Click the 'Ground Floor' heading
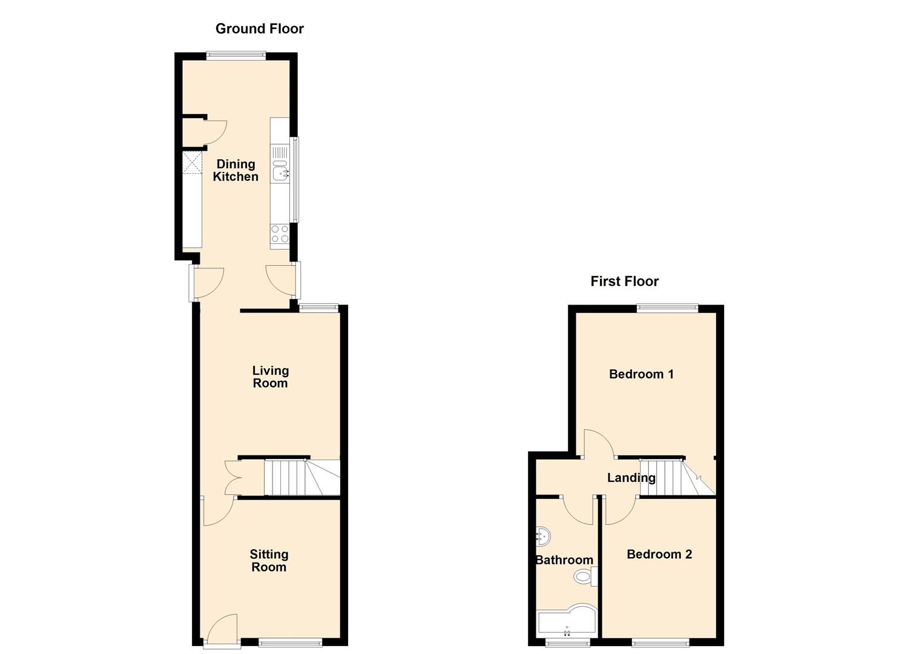pos(259,28)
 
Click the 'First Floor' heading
pos(624,281)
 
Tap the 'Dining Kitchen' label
pos(235,170)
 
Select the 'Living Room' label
pos(270,377)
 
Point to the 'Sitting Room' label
pos(269,560)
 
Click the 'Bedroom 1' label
pos(641,374)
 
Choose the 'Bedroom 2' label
pos(659,554)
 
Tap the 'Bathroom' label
pos(564,560)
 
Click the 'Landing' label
pos(631,478)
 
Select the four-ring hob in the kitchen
pos(280,234)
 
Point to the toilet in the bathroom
pos(584,576)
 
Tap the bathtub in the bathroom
pos(566,621)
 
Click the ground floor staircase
pos(302,478)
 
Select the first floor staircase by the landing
pos(677,478)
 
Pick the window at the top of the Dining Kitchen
pos(235,56)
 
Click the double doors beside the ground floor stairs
pos(233,478)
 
